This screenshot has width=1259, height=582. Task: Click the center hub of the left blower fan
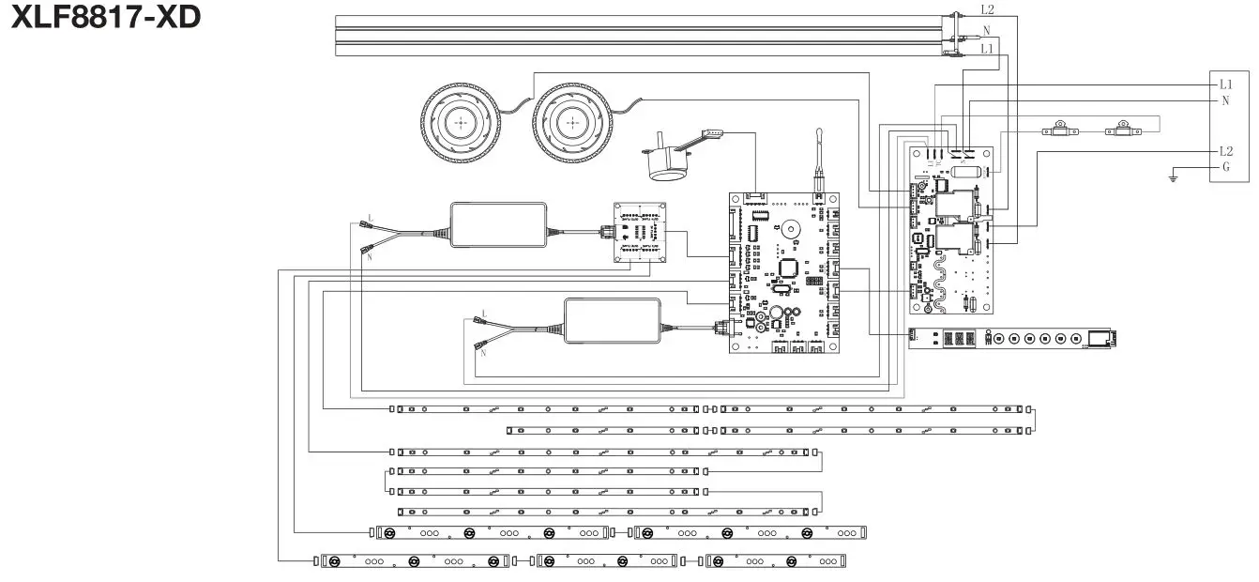pos(461,122)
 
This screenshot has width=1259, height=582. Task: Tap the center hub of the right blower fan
pos(571,122)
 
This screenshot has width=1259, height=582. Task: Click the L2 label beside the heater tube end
pos(988,10)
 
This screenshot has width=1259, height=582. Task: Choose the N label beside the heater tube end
pos(987,30)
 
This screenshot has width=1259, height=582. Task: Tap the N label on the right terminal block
pos(1225,100)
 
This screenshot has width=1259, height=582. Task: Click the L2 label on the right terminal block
pos(1226,151)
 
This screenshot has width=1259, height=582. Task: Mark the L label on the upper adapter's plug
pos(370,218)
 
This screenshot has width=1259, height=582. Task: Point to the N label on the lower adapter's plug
pos(483,353)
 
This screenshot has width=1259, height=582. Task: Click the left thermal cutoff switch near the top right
pos(1058,130)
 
